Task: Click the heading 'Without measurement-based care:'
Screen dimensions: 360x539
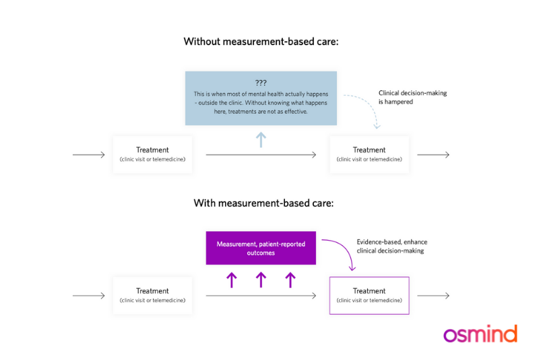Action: [261, 42]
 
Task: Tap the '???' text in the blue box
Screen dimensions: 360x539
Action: [261, 82]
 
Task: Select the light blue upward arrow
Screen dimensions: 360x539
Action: [261, 140]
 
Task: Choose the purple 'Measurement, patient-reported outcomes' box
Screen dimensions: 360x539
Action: [261, 247]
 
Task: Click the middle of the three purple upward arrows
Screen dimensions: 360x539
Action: [261, 280]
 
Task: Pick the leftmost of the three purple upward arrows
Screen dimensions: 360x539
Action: [232, 280]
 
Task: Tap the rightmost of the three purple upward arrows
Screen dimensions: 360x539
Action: [290, 280]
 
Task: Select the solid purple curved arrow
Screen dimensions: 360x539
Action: [344, 253]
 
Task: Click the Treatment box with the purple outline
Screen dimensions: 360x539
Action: [369, 295]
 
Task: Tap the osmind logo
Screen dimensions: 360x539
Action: [480, 334]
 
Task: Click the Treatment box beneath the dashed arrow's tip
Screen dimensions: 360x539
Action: [369, 154]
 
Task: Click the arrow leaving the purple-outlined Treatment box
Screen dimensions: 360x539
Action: [433, 295]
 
